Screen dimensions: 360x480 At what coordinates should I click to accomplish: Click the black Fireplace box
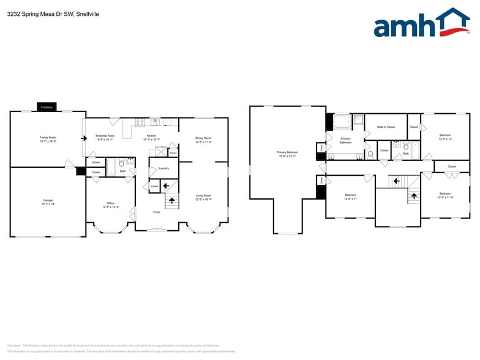pos(47,107)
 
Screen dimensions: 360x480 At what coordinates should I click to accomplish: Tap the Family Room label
pos(48,138)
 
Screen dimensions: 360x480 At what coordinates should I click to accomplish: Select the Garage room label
pos(47,201)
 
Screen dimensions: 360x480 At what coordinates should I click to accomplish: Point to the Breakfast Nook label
pos(105,137)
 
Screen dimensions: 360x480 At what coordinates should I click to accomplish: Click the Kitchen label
pos(151,137)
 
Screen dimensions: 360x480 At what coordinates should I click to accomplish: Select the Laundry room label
pos(163,168)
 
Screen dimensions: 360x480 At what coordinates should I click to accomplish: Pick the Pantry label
pos(173,152)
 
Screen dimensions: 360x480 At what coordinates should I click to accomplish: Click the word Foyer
pos(157,212)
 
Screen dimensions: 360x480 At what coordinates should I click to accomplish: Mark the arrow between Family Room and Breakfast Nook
pos(83,138)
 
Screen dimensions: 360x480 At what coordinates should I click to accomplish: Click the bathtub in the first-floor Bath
pos(111,168)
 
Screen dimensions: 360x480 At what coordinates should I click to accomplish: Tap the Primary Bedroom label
pos(287,153)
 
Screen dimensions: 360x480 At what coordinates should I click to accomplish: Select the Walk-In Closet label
pos(386,127)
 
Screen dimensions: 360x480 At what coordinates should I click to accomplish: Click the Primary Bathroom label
pos(345,140)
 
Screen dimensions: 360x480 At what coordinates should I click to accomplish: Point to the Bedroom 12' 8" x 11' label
pos(350,197)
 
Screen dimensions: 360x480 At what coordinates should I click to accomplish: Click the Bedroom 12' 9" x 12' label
pos(445,136)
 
